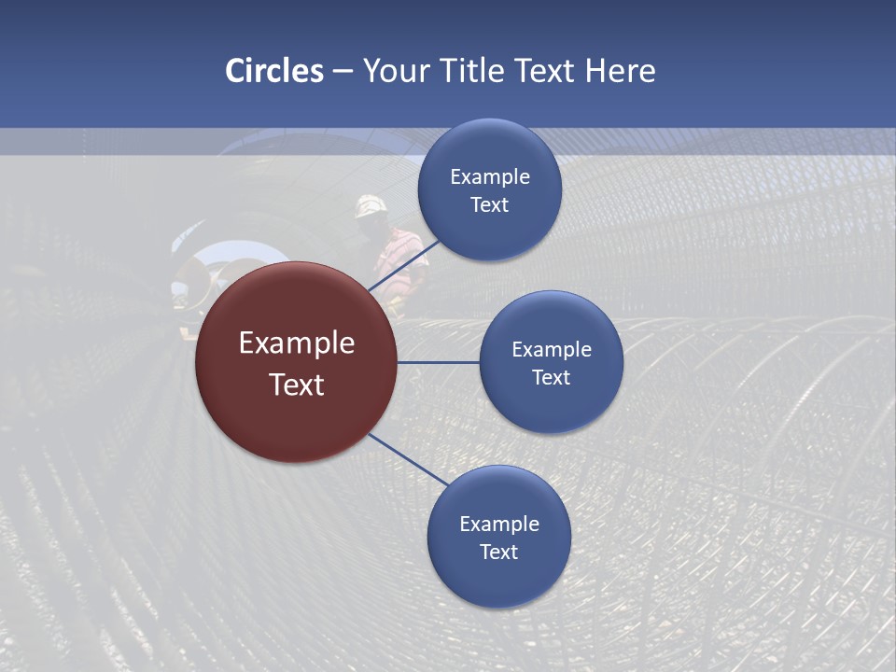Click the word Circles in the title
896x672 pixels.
[x=273, y=71]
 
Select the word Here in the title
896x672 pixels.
[x=620, y=71]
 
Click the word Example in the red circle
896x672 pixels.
[x=297, y=343]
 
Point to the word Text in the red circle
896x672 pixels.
[x=297, y=385]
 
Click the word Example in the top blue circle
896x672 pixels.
[x=490, y=177]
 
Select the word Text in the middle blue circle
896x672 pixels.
[x=551, y=378]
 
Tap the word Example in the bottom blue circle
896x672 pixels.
[x=499, y=525]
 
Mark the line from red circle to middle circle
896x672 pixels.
[x=439, y=362]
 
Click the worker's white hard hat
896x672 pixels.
[x=371, y=205]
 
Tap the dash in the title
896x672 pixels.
[x=343, y=72]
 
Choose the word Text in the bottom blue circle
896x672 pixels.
[x=499, y=553]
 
